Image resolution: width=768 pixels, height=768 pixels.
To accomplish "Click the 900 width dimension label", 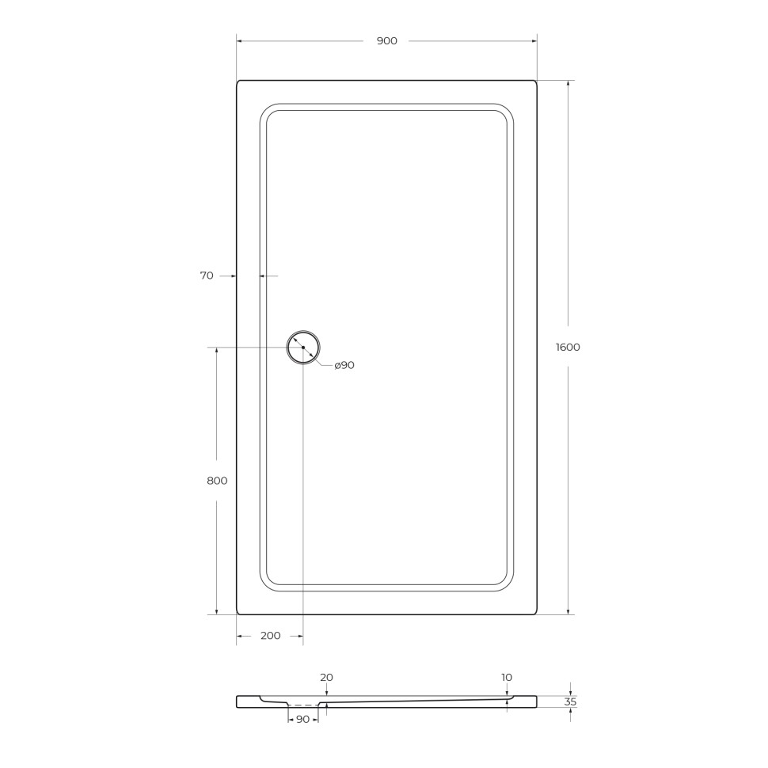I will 386,41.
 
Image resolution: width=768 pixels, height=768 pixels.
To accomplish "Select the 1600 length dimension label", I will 568,347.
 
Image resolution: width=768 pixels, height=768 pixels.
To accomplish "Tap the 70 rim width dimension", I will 207,276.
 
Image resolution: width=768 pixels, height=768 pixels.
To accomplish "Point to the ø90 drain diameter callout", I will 344,365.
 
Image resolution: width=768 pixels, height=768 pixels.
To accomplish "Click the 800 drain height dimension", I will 217,481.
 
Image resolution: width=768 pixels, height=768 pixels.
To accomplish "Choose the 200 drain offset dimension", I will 270,636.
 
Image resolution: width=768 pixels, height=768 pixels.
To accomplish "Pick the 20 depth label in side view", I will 326,678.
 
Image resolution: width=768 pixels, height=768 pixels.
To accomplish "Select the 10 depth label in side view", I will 507,678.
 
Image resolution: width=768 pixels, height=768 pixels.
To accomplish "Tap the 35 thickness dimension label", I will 571,701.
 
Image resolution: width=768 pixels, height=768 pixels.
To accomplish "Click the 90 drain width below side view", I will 302,720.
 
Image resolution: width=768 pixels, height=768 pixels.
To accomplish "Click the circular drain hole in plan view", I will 303,348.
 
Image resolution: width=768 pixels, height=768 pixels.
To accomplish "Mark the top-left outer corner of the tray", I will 238,82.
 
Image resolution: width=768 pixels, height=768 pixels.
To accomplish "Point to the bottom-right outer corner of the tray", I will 535,613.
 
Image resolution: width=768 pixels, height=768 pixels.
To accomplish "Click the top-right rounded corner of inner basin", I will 507,110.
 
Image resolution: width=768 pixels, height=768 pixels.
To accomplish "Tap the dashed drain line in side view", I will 302,705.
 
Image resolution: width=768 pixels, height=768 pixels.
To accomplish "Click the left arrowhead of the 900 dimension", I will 239,41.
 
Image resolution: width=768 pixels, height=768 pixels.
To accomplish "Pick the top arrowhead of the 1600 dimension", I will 568,83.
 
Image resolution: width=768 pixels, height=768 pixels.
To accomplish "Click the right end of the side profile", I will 536,701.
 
